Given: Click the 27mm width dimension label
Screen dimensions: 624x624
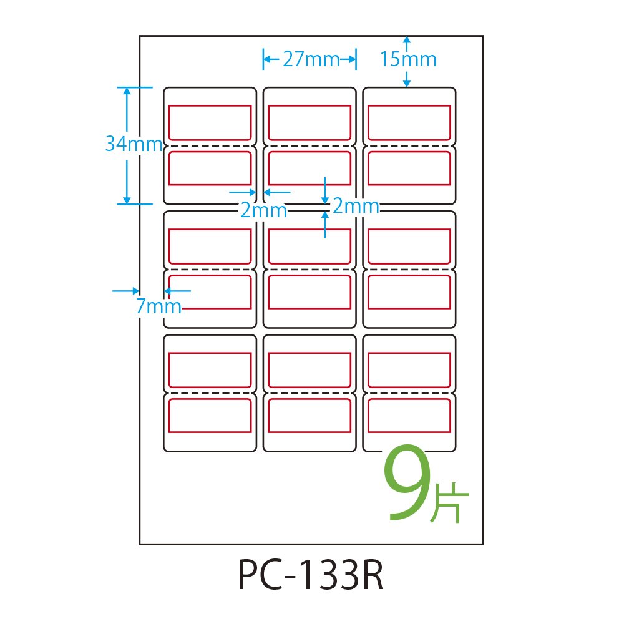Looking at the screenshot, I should [310, 60].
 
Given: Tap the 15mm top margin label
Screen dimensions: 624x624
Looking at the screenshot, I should [408, 60].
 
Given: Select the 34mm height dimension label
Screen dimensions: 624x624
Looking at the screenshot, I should [134, 144].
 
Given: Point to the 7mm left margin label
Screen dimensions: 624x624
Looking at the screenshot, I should [158, 306].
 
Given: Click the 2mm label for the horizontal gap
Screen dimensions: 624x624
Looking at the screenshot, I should [263, 210].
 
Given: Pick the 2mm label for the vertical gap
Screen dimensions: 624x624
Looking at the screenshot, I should [356, 206].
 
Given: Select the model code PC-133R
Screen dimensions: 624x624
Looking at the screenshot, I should [310, 575].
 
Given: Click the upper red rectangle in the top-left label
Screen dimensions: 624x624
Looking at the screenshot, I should [210, 122].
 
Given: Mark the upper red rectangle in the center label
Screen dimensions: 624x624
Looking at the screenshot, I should [310, 246].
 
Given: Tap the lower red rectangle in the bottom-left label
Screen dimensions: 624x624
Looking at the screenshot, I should [210, 416].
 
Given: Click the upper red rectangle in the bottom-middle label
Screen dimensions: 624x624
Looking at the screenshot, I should [310, 369].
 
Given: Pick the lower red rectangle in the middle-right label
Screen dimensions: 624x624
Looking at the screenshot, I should [409, 292].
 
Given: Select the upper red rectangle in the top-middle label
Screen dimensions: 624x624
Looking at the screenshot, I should [310, 122].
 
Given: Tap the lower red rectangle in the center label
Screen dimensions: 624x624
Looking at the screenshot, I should [310, 292].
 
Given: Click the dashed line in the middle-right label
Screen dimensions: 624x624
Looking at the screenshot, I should [409, 270].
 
